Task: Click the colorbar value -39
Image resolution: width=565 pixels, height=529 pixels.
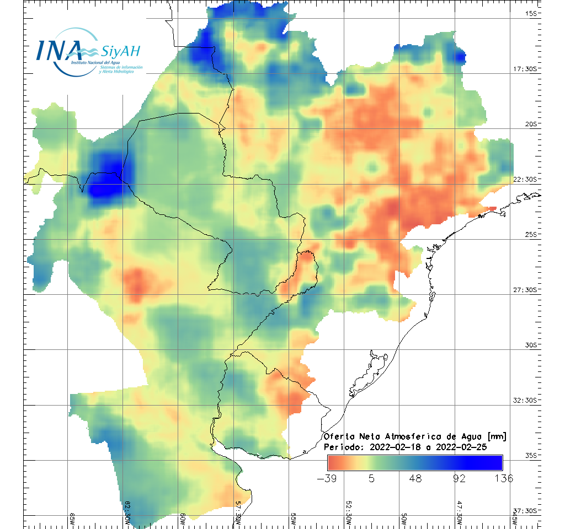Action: tap(328, 478)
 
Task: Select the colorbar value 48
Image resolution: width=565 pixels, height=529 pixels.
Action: tap(415, 478)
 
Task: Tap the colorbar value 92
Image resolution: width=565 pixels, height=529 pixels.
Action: tap(460, 478)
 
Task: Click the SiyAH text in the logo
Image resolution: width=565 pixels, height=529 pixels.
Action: tap(121, 51)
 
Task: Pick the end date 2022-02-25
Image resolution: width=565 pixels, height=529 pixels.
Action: tap(461, 447)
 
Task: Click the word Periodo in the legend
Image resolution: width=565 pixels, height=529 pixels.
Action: tap(342, 447)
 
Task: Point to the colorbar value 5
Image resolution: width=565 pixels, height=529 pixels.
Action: tap(372, 478)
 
